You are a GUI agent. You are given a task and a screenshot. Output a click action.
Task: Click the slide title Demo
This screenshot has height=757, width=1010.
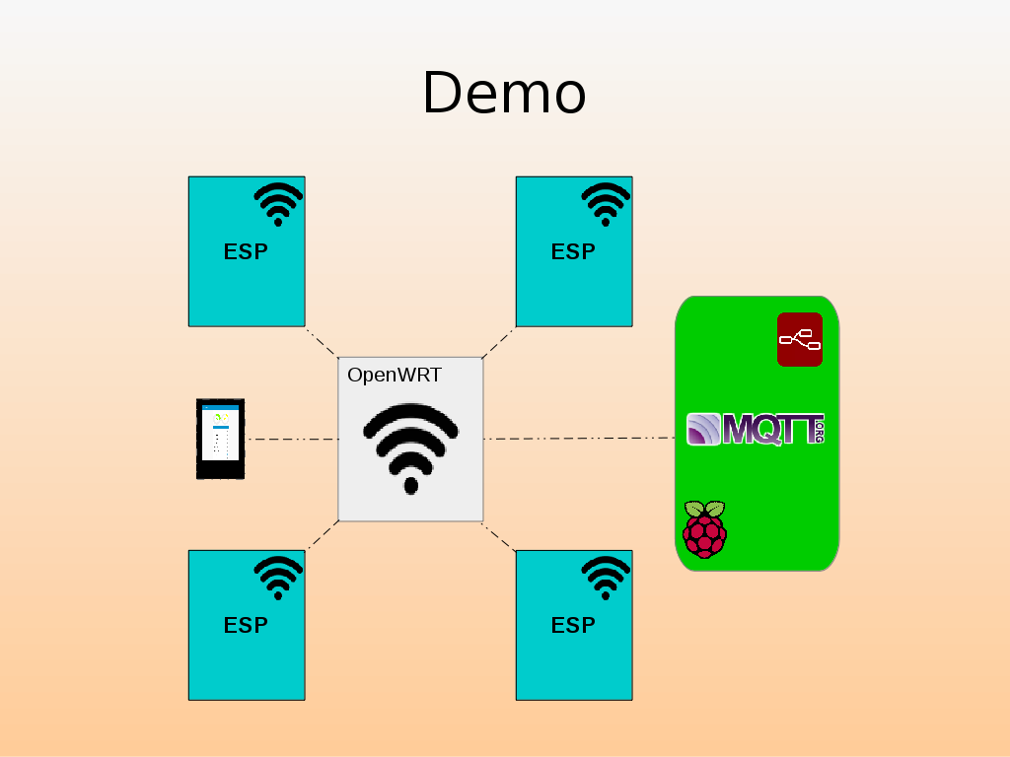click(x=504, y=94)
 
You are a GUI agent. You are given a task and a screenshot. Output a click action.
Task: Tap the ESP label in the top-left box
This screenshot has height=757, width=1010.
click(x=246, y=251)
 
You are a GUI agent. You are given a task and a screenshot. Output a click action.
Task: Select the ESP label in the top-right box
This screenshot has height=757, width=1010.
click(x=573, y=251)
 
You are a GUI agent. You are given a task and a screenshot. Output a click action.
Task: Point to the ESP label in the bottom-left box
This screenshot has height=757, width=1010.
click(x=246, y=625)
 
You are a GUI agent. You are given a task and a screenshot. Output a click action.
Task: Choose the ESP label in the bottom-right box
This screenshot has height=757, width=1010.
click(x=573, y=625)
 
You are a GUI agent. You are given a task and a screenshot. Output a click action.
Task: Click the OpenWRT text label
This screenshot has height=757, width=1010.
click(x=395, y=376)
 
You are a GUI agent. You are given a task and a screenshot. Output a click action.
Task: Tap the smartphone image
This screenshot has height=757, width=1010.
click(x=220, y=439)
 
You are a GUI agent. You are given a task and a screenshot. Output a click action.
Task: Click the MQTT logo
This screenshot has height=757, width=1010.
click(x=756, y=429)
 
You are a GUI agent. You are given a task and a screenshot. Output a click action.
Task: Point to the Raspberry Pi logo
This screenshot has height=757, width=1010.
click(x=704, y=529)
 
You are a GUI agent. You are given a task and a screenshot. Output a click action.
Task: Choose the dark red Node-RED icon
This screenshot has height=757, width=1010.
click(x=800, y=339)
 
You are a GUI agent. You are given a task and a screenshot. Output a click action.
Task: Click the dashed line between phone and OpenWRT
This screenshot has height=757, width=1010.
click(x=291, y=439)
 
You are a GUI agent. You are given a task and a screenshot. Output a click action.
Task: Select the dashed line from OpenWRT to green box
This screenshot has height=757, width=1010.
click(x=579, y=439)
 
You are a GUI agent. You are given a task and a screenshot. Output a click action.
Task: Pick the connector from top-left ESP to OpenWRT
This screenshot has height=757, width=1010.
click(x=322, y=342)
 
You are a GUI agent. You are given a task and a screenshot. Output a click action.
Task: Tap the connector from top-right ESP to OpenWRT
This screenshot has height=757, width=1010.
click(x=498, y=342)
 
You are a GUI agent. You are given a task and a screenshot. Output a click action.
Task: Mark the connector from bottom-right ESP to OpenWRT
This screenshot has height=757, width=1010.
click(x=499, y=535)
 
